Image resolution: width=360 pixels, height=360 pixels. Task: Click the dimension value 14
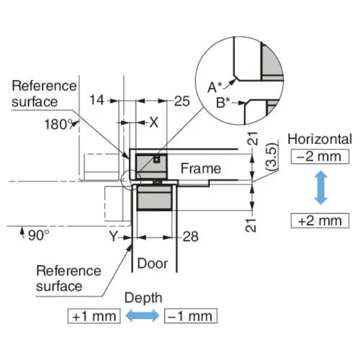click(96, 100)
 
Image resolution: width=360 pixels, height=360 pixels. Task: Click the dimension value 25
click(182, 101)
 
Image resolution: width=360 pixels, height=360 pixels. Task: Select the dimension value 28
click(191, 237)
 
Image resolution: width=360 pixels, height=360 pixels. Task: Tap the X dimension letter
click(154, 122)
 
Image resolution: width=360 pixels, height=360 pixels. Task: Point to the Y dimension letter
click(113, 236)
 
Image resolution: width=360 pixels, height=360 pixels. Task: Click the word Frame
click(201, 168)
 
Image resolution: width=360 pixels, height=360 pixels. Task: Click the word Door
click(153, 264)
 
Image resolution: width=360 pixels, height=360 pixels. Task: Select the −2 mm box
click(320, 157)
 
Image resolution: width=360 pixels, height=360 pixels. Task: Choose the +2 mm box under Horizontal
click(320, 220)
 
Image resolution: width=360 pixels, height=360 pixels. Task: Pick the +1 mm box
click(94, 316)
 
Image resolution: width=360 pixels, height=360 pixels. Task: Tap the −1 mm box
click(191, 316)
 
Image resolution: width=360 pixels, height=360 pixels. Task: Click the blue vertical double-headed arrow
click(321, 188)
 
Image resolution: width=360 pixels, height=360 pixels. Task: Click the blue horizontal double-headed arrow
click(143, 315)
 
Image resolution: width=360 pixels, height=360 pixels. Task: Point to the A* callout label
click(215, 87)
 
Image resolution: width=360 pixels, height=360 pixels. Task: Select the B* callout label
click(223, 103)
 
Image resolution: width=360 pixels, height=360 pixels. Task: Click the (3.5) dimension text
click(273, 156)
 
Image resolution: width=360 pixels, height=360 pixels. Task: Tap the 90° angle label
click(39, 235)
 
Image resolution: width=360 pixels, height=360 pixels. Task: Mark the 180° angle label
click(59, 125)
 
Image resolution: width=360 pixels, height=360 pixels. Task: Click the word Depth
click(143, 298)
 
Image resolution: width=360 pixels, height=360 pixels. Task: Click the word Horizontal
click(320, 139)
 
